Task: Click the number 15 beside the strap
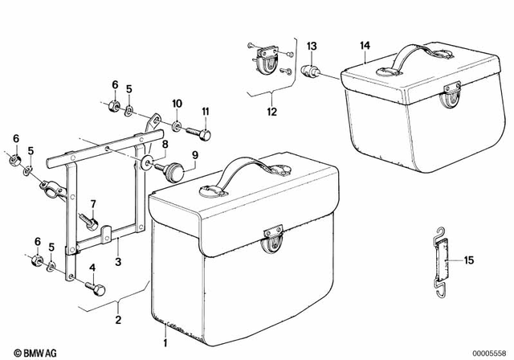click(468, 260)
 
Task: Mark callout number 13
click(312, 46)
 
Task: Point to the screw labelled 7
click(89, 218)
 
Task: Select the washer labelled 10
click(177, 125)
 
